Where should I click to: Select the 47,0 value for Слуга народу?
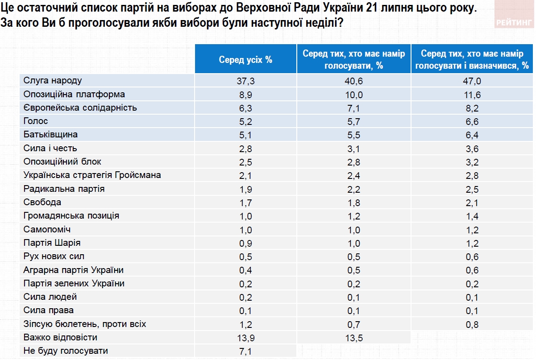tap(472, 81)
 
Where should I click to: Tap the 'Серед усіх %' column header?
tap(245, 60)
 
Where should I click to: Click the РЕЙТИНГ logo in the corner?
tap(514, 23)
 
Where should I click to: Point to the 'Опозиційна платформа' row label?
tap(74, 94)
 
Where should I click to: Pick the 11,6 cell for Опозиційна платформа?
tap(472, 95)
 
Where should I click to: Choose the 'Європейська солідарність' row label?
tap(80, 108)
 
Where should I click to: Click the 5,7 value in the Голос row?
tap(354, 122)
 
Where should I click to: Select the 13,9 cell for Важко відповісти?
tap(245, 338)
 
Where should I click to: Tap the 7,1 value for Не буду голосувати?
tap(245, 352)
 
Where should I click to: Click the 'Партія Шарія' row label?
tap(52, 243)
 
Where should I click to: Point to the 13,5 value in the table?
tap(354, 338)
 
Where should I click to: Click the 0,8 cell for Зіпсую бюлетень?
tap(472, 324)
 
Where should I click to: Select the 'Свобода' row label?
tap(42, 202)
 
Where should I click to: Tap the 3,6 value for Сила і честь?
tap(472, 149)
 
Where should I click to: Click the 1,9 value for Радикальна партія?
tap(245, 189)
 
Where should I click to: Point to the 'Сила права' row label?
tap(49, 310)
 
